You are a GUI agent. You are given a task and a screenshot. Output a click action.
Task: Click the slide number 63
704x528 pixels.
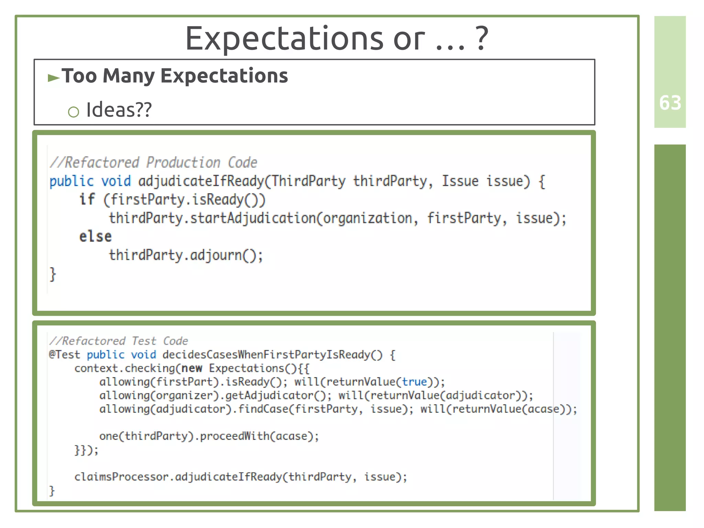click(670, 103)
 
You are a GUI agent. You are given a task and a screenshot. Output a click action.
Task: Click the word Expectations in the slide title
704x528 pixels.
click(284, 39)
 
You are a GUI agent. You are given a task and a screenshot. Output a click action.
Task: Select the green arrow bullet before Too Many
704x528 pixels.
click(54, 78)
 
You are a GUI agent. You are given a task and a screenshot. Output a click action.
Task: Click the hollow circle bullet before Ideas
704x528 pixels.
click(74, 112)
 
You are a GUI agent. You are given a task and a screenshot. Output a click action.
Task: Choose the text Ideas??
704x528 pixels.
click(119, 110)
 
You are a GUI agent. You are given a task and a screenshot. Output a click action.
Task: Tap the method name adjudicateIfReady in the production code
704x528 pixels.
click(201, 181)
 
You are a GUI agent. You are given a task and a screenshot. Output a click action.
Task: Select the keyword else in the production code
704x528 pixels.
click(95, 237)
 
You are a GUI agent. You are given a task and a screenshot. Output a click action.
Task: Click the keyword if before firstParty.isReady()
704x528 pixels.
click(87, 200)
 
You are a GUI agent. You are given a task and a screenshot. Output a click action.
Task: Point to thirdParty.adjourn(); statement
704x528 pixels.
click(186, 255)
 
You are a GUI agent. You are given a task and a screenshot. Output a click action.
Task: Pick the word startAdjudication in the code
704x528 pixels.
click(253, 218)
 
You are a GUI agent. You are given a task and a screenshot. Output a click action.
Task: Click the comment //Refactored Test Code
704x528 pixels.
click(119, 341)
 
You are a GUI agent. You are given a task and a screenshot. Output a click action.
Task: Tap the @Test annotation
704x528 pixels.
click(65, 355)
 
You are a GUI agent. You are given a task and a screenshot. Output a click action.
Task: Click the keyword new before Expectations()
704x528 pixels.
click(192, 368)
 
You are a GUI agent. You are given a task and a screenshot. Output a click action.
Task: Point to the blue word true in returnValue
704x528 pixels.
click(415, 382)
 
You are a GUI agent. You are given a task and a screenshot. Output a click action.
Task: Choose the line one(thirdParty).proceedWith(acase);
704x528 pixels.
click(209, 436)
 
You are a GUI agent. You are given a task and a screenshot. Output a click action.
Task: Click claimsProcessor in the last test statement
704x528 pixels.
click(121, 477)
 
